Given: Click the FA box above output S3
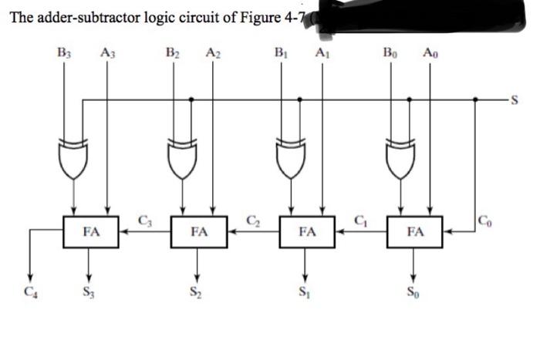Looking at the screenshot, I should tap(91, 230).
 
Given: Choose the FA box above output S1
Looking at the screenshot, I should tap(307, 230).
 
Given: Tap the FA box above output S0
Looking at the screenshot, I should tap(415, 230).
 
